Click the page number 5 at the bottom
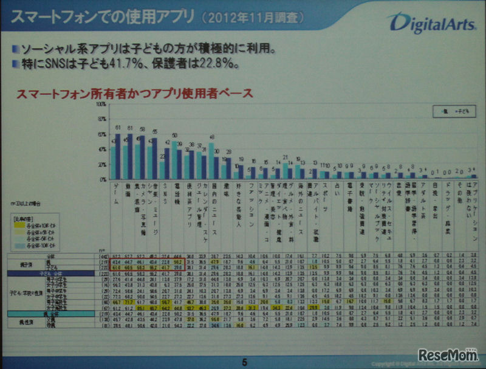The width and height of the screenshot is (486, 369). coord(244,359)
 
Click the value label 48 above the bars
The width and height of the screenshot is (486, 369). coord(211,137)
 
